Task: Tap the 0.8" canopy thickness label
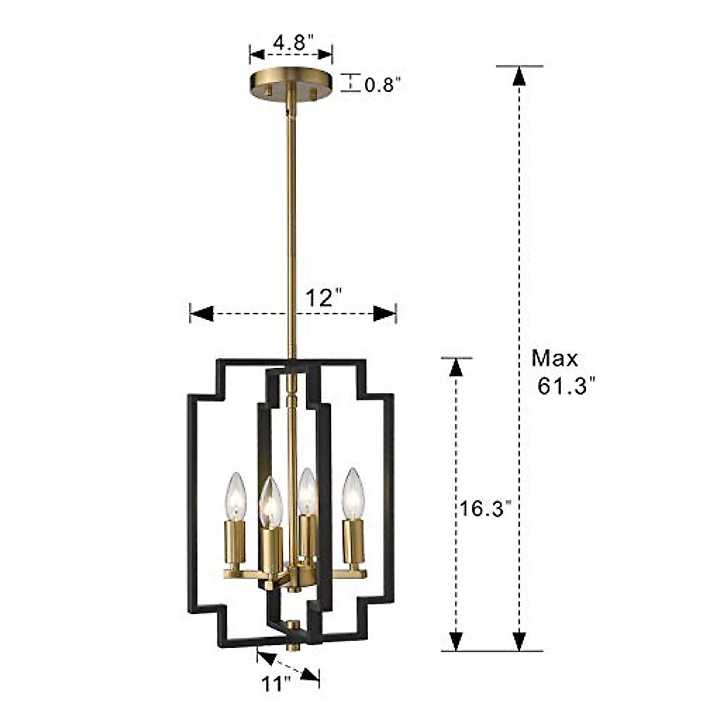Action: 382,85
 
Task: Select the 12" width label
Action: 323,299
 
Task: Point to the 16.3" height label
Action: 482,509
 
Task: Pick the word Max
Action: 554,358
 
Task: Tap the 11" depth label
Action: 275,683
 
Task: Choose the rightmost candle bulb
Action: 354,494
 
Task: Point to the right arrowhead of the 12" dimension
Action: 385,314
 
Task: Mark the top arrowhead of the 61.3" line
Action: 517,77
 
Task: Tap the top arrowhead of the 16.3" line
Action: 456,367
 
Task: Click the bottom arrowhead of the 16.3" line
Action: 456,639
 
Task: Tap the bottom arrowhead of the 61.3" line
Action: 517,639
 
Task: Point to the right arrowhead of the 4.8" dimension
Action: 326,55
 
